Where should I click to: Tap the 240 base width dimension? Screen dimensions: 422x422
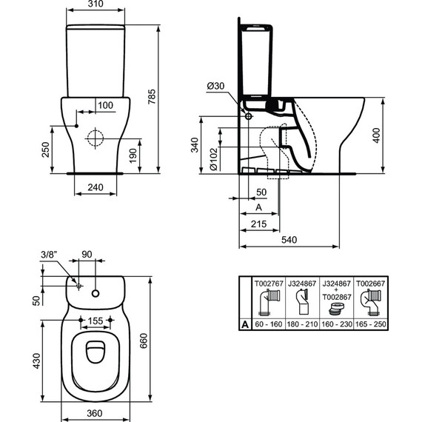[x=95, y=187]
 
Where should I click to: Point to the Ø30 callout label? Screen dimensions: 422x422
[x=215, y=87]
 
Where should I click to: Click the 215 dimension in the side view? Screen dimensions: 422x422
[x=258, y=223]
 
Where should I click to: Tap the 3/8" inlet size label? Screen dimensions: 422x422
[x=47, y=257]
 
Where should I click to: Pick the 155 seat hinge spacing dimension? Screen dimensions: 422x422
[x=95, y=321]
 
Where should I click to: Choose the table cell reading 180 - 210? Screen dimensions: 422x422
[x=302, y=324]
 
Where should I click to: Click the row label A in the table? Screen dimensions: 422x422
[x=244, y=324]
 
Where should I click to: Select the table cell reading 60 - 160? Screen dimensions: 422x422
[x=269, y=324]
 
